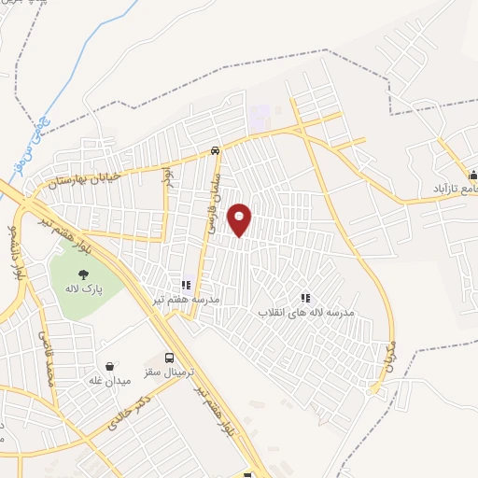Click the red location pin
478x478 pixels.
pyautogui.click(x=240, y=218)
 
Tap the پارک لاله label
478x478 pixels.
pyautogui.click(x=82, y=290)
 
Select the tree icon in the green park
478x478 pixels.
pyautogui.click(x=83, y=274)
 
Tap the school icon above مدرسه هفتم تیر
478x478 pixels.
pyautogui.click(x=185, y=284)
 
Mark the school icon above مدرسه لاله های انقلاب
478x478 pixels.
pyautogui.click(x=304, y=298)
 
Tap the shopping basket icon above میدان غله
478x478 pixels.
pyautogui.click(x=110, y=365)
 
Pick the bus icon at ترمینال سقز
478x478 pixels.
pyautogui.click(x=168, y=358)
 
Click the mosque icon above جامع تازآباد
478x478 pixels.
pyautogui.click(x=473, y=173)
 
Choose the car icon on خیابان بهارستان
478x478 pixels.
pyautogui.click(x=216, y=149)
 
